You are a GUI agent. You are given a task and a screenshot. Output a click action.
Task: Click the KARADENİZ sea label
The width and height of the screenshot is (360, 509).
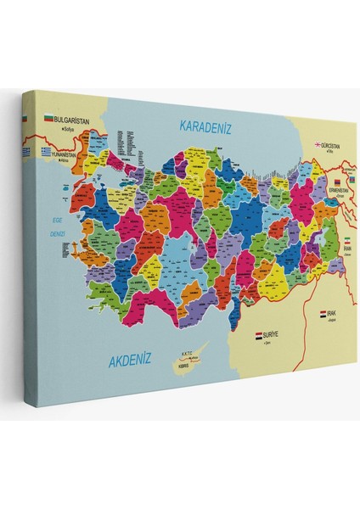[x=205, y=126]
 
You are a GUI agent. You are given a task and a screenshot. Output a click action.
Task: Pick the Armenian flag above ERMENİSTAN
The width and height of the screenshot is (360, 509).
[x=336, y=182]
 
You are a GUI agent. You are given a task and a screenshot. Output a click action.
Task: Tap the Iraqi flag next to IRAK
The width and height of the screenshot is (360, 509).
[x=323, y=313]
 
